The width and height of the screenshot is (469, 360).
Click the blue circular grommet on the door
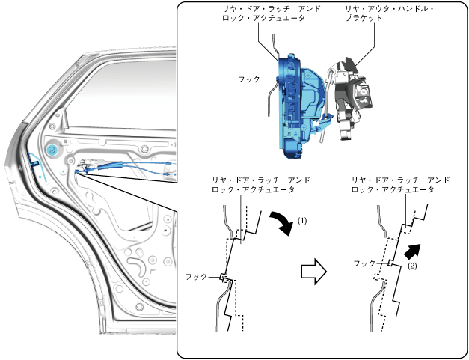[x=52, y=150]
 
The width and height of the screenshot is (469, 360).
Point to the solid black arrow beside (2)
[x=410, y=252]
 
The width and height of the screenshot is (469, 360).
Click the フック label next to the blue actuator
[x=249, y=79]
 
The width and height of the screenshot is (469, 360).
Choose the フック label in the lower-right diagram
[x=364, y=263]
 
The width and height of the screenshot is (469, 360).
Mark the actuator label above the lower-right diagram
[x=400, y=186]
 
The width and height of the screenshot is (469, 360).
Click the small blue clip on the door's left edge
[x=33, y=159]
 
